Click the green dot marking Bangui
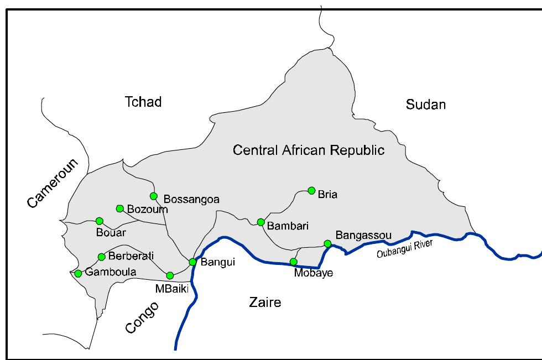(x=192, y=262)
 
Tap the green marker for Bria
(x=311, y=190)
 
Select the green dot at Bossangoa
(x=154, y=196)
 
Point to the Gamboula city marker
(x=78, y=273)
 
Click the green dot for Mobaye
(x=294, y=262)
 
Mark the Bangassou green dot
(x=327, y=243)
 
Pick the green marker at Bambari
(x=260, y=222)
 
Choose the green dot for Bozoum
(x=119, y=208)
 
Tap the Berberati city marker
(x=101, y=257)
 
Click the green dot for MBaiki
(x=170, y=275)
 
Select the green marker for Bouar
(x=100, y=221)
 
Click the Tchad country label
(x=143, y=102)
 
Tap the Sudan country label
(x=425, y=105)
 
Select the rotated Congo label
(x=142, y=317)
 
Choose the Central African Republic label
(x=309, y=150)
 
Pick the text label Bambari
(x=288, y=226)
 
